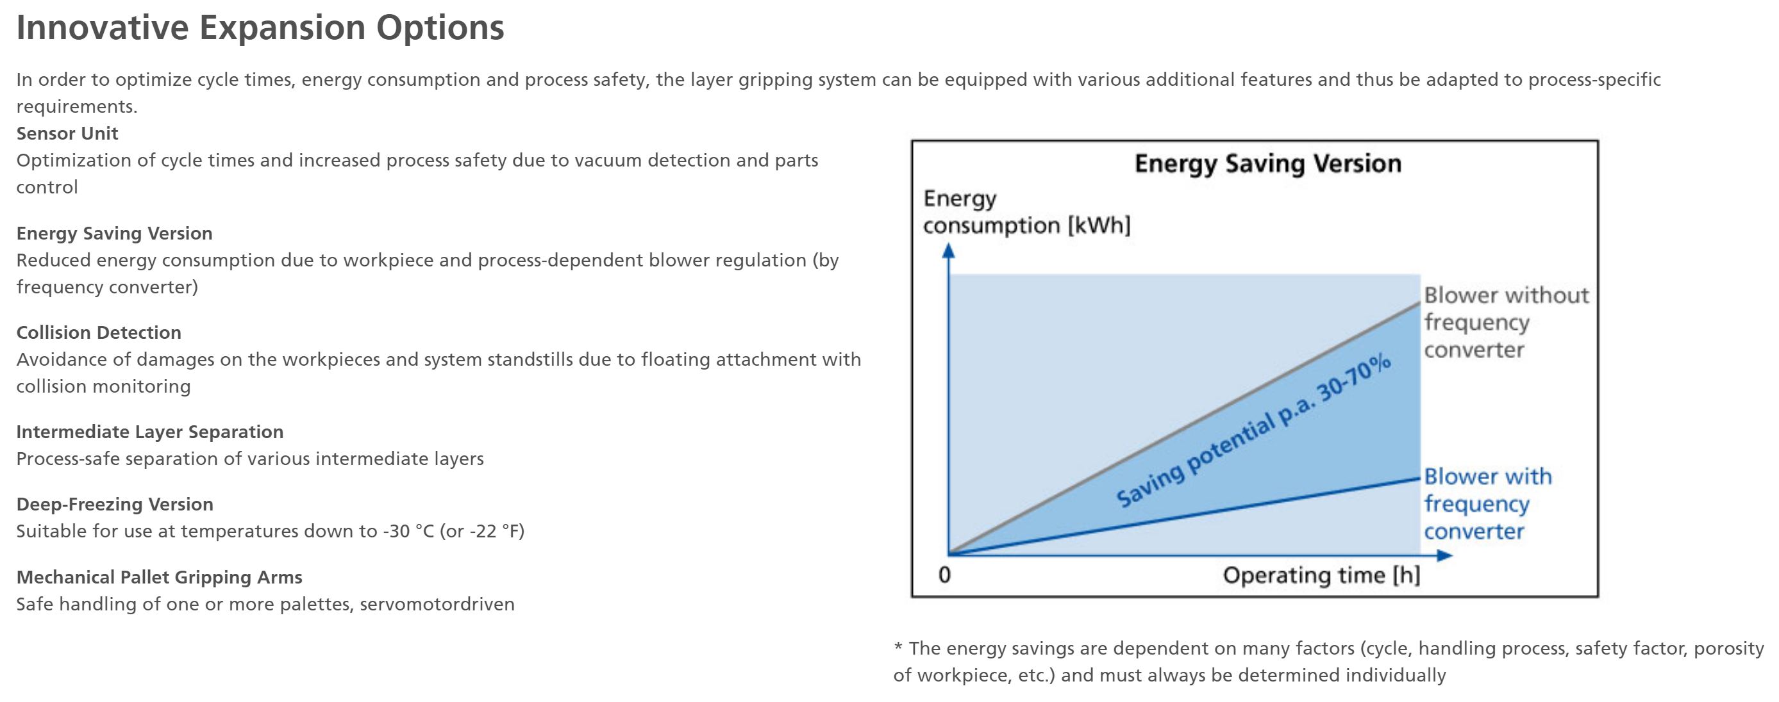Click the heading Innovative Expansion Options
(x=260, y=28)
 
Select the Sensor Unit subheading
(x=67, y=133)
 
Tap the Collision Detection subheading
(x=99, y=332)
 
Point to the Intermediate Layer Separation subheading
(x=150, y=432)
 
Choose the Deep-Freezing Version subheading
(x=115, y=505)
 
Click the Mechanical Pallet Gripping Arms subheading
(x=160, y=577)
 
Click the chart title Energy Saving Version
(x=1268, y=164)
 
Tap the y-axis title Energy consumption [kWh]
(x=1026, y=212)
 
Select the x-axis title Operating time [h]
(x=1321, y=575)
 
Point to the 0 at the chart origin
(x=945, y=575)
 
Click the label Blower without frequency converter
(x=1506, y=322)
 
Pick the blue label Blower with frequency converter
(x=1487, y=504)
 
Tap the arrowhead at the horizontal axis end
(x=1445, y=555)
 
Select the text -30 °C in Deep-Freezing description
(x=408, y=532)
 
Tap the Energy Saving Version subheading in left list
(x=115, y=233)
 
